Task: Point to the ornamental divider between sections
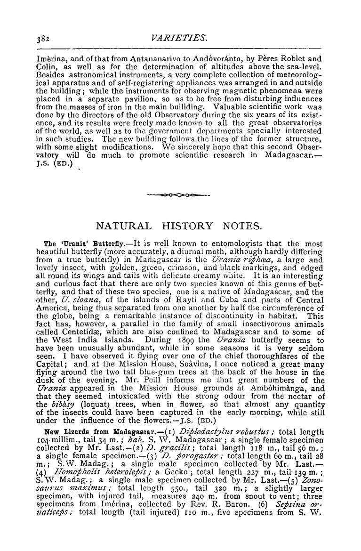point(180,194)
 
